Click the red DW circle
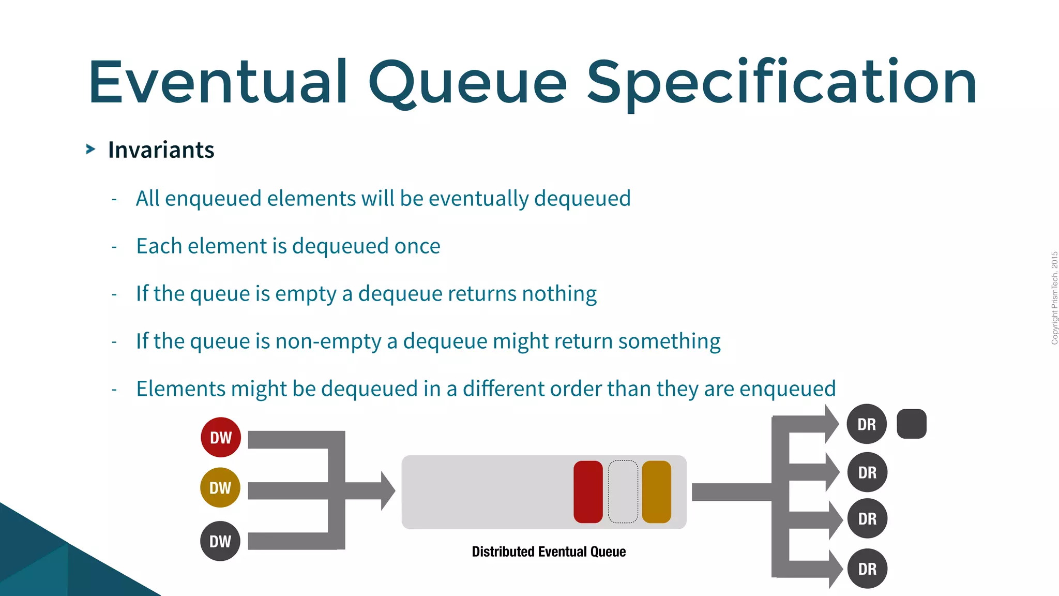pyautogui.click(x=221, y=437)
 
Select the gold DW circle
pyautogui.click(x=220, y=487)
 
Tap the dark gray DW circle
pyautogui.click(x=220, y=541)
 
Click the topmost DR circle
pyautogui.click(x=867, y=424)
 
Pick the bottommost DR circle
pyautogui.click(x=867, y=569)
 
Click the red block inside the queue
pyautogui.click(x=588, y=492)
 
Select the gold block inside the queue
pyautogui.click(x=656, y=492)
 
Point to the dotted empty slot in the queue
pyautogui.click(x=623, y=492)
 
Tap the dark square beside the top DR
pyautogui.click(x=911, y=424)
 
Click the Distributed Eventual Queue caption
pyautogui.click(x=549, y=552)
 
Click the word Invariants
pyautogui.click(x=161, y=150)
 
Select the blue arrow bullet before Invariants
pyautogui.click(x=90, y=150)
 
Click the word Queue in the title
pyautogui.click(x=467, y=83)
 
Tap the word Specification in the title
pyautogui.click(x=781, y=83)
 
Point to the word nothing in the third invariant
pyautogui.click(x=559, y=294)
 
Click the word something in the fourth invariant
pyautogui.click(x=669, y=341)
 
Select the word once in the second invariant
pyautogui.click(x=417, y=246)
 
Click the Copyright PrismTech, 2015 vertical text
pyautogui.click(x=1054, y=298)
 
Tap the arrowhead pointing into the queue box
pyautogui.click(x=387, y=490)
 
